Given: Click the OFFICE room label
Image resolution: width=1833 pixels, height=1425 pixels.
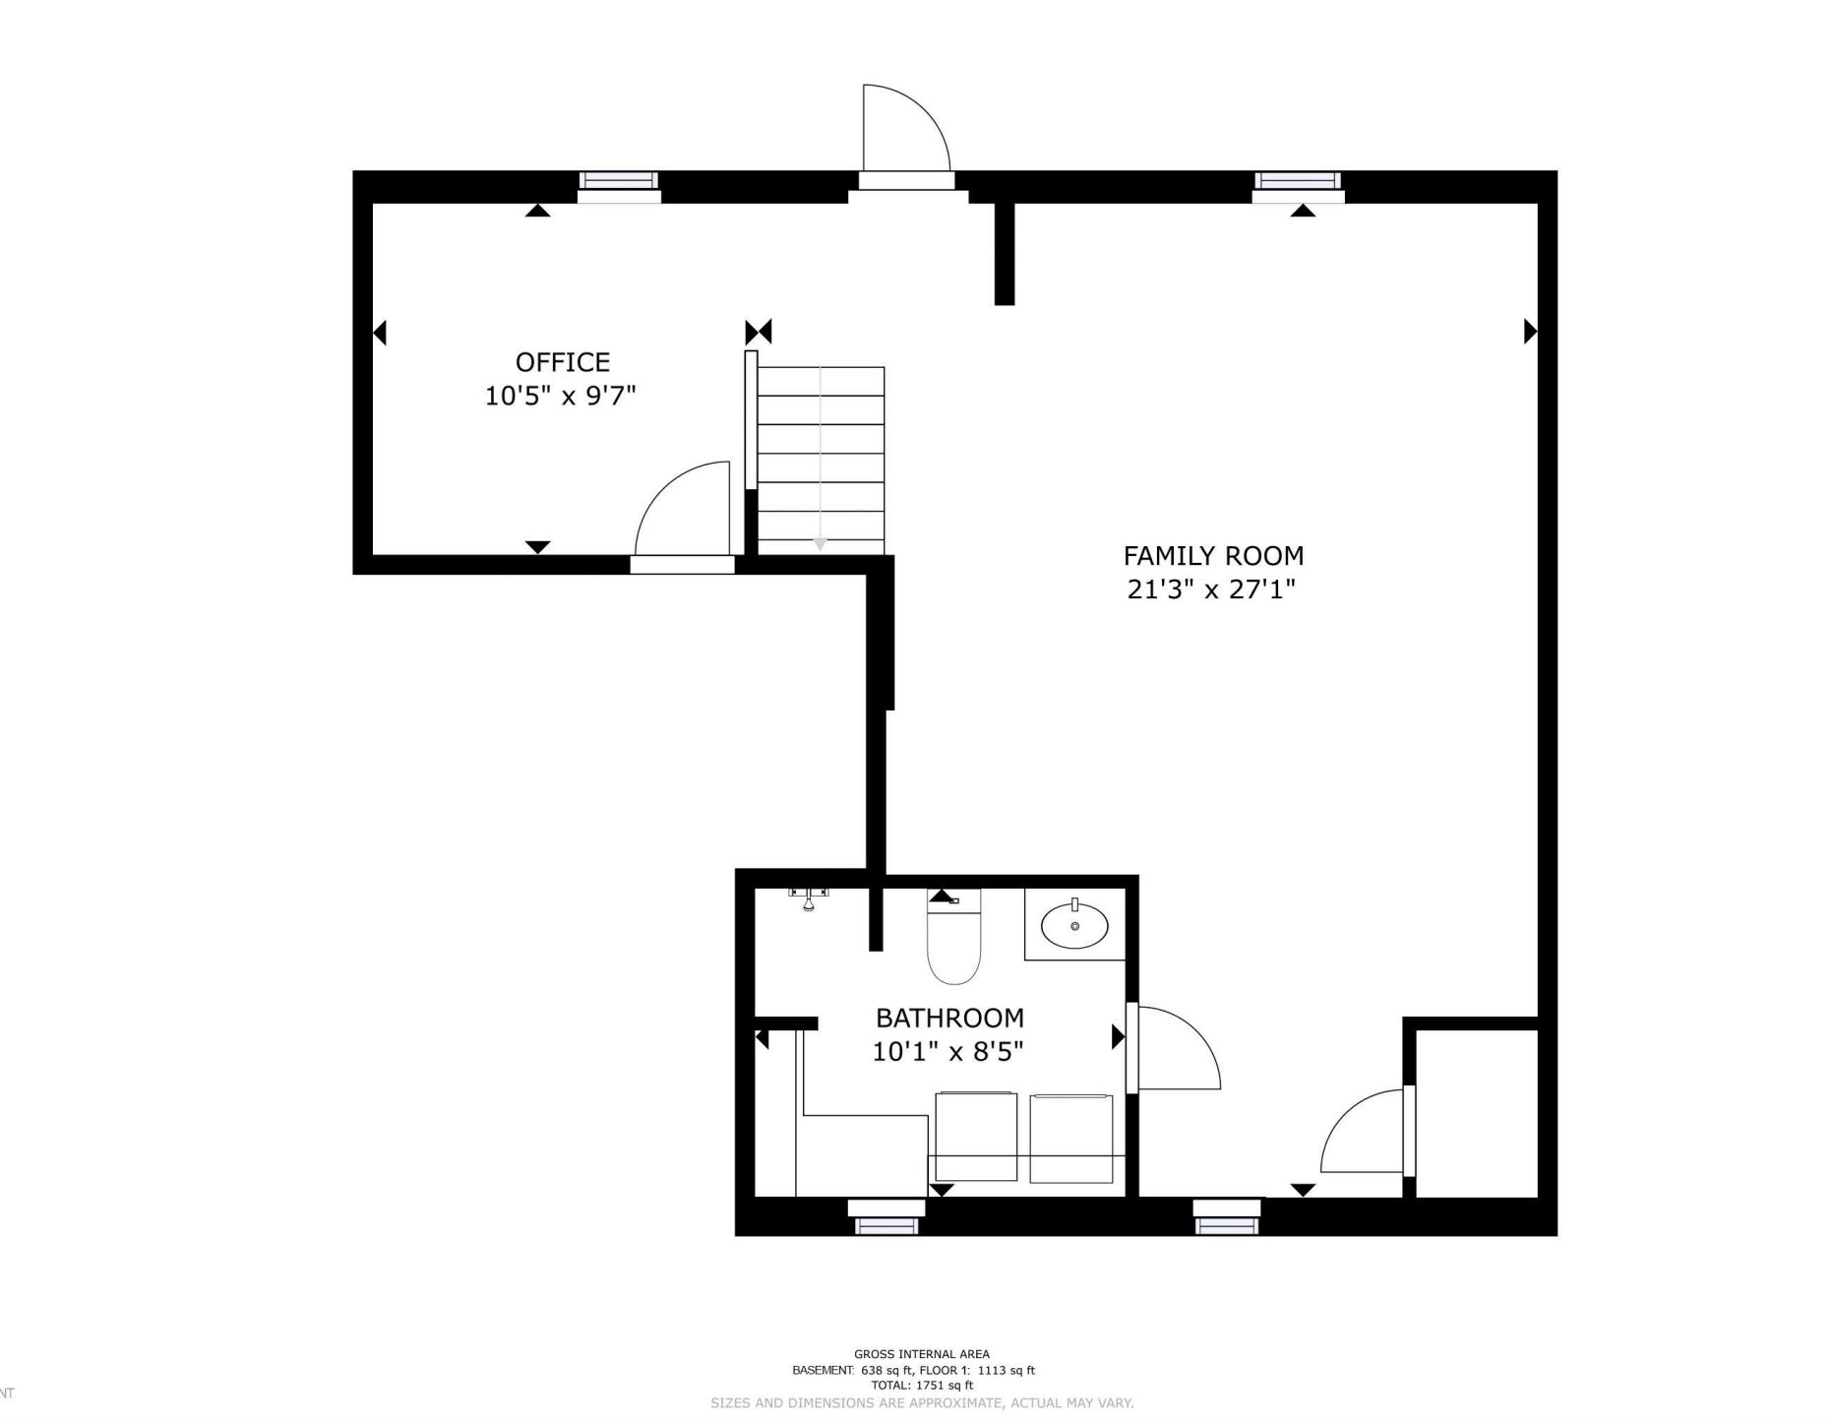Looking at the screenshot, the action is point(563,362).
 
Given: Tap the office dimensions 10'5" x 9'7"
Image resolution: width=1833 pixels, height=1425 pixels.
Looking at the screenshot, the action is point(561,396).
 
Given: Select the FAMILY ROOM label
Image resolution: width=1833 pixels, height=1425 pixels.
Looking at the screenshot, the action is point(1213,556).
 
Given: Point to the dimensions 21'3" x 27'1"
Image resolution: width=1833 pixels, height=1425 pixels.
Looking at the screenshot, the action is point(1211,589).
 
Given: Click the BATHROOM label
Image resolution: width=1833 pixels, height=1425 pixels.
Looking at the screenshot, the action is point(949,1018).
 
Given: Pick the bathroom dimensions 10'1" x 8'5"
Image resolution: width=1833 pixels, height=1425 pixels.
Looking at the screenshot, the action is point(947,1052).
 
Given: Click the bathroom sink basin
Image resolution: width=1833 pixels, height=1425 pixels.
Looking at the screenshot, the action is point(1074,925).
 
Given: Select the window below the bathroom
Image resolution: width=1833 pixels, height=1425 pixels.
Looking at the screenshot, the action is point(886,1216).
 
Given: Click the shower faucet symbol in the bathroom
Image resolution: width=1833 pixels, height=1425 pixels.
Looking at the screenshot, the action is point(809,898).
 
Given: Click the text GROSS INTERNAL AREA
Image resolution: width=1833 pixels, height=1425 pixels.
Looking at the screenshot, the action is point(922,1354).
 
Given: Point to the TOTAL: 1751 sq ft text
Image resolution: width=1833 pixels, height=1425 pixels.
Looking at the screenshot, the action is point(922,1386).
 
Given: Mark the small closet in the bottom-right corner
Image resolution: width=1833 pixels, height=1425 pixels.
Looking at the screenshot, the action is point(1476,1113).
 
